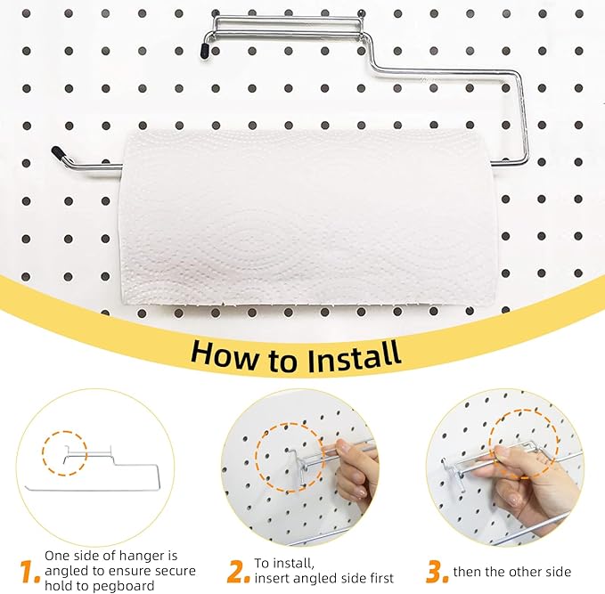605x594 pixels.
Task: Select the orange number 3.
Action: (x=437, y=571)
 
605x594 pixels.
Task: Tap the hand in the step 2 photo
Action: (x=356, y=472)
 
